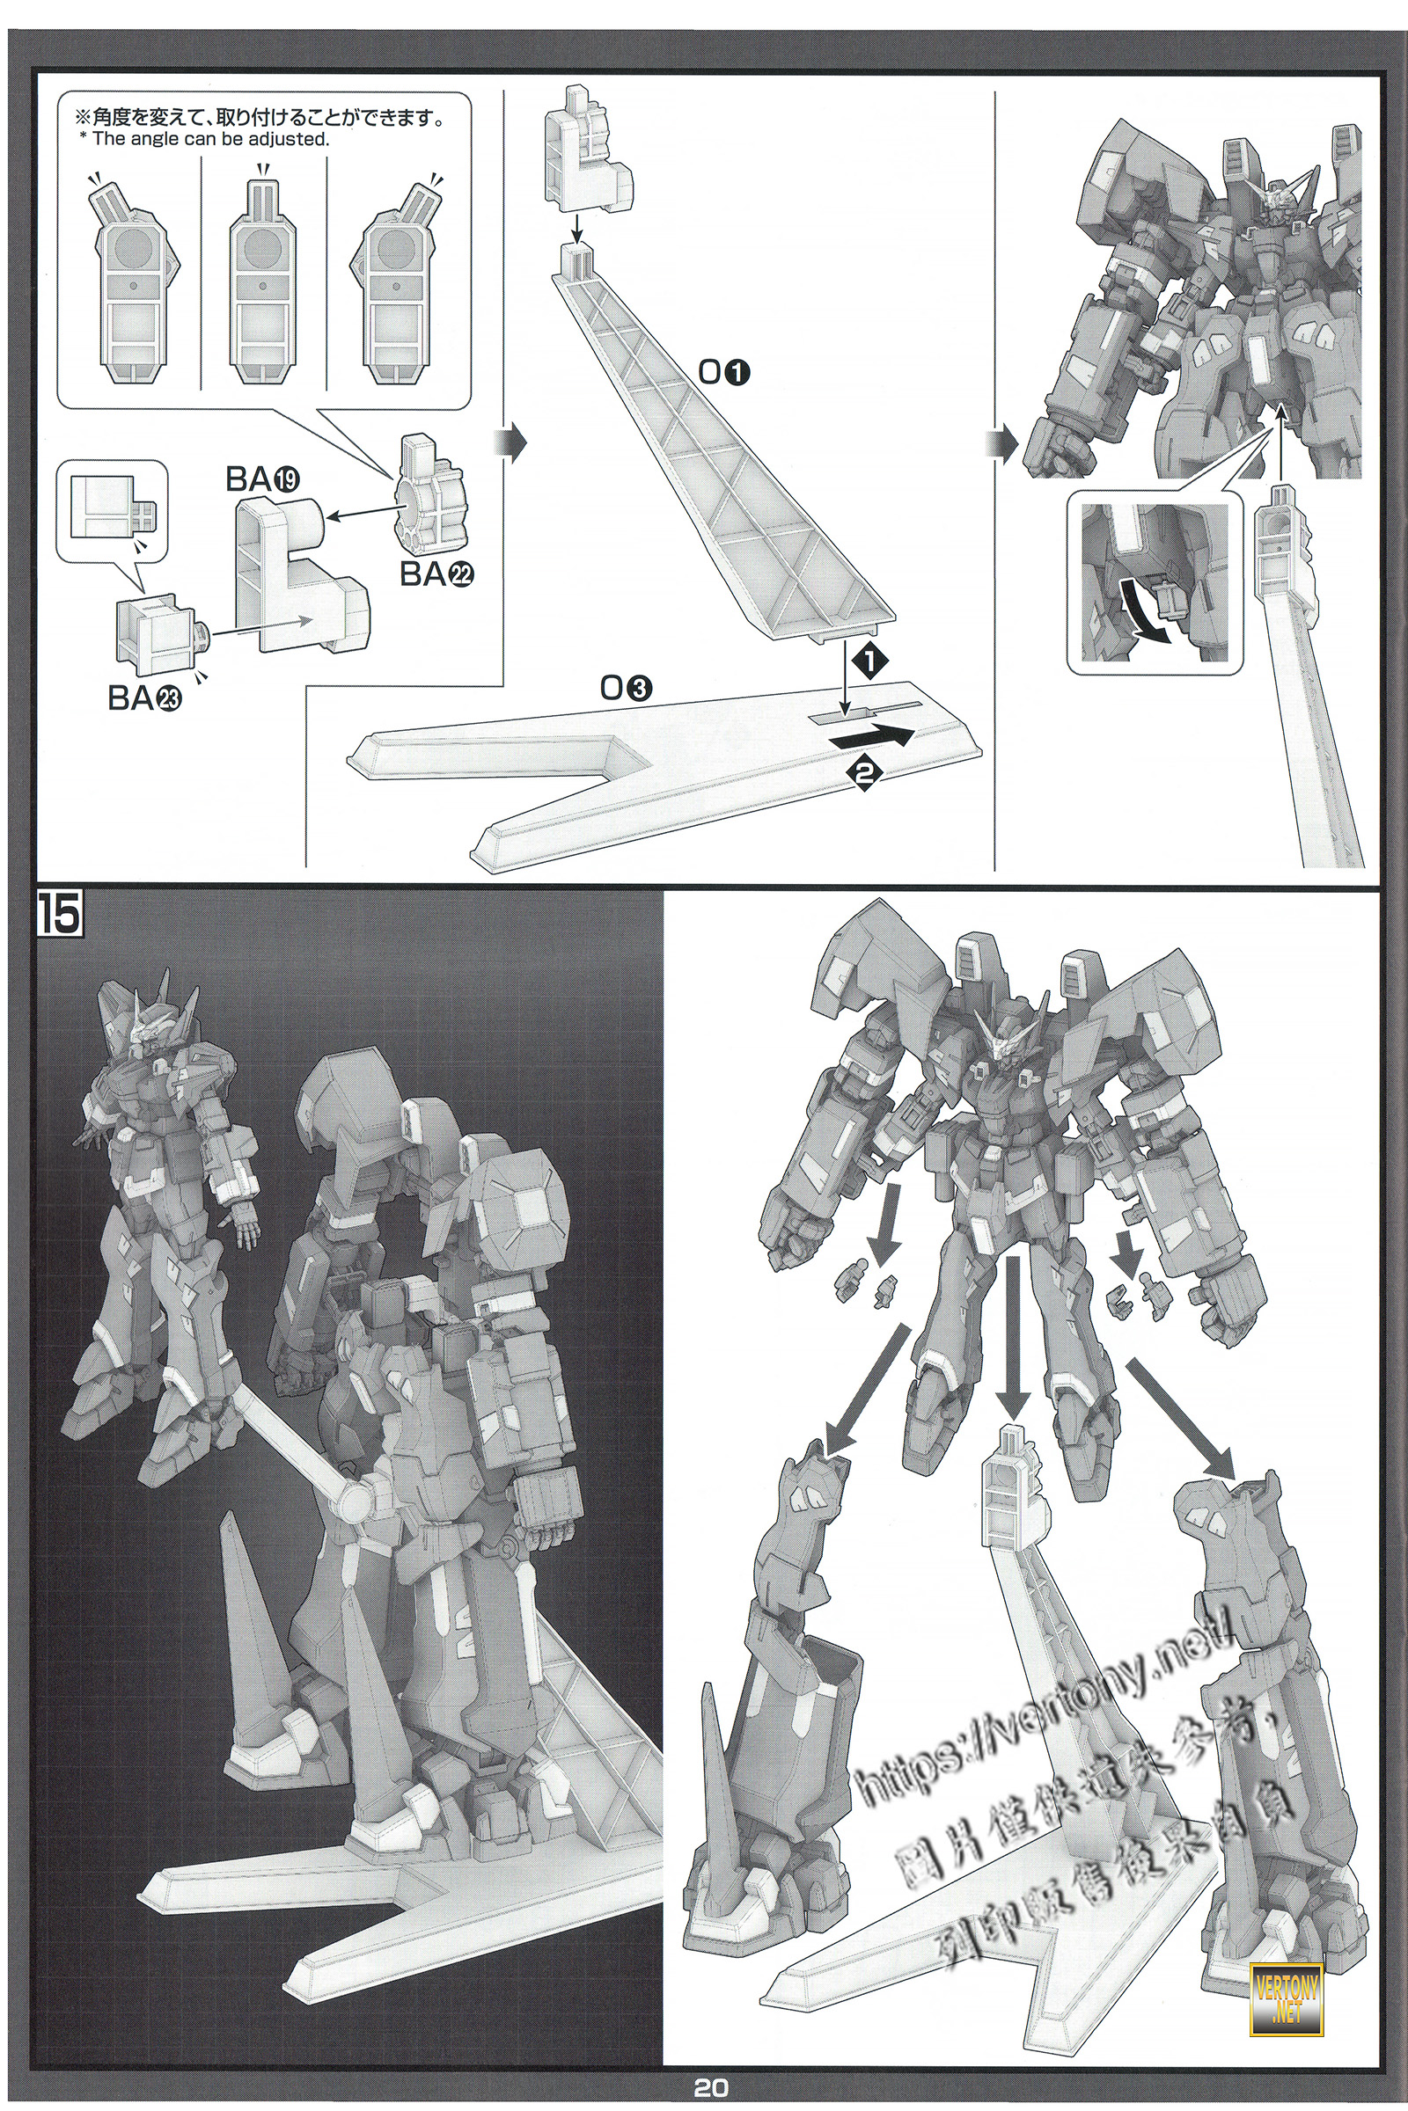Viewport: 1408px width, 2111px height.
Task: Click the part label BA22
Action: [436, 574]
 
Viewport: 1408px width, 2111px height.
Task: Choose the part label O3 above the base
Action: [626, 690]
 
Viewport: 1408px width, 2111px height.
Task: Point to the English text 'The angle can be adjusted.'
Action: [211, 139]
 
